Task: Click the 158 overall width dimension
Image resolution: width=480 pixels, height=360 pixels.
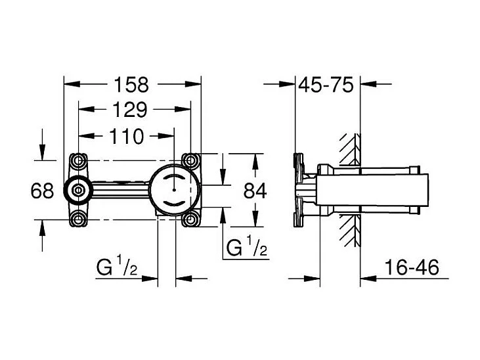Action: pos(133,84)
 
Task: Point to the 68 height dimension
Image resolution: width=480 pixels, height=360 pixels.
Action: pos(42,191)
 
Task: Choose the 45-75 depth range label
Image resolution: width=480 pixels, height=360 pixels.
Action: pos(326,84)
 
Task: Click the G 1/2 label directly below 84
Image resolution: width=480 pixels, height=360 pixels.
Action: pos(246,248)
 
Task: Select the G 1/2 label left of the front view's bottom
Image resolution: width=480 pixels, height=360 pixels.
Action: pos(117,269)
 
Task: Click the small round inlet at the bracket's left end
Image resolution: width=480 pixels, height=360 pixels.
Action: pos(78,191)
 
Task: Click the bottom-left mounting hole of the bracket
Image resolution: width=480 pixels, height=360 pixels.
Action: pos(78,220)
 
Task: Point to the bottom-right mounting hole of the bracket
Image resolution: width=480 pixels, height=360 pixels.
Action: pos(191,220)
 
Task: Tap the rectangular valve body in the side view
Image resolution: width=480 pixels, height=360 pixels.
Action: pos(368,191)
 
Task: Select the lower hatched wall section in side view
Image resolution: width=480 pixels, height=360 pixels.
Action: pos(350,230)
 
